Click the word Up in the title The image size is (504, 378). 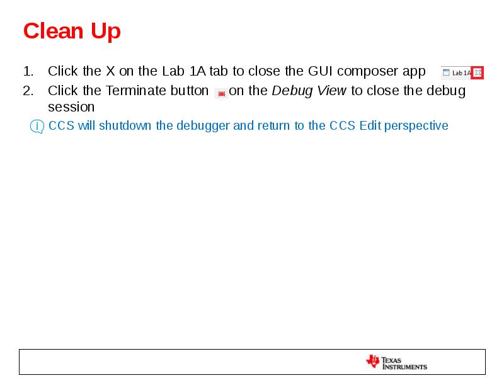pos(105,31)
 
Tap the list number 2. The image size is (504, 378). pos(28,91)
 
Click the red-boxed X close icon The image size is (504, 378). pos(478,72)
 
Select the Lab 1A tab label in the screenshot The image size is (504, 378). pos(461,72)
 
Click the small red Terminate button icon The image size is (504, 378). pos(221,93)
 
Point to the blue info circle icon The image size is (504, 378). pos(37,127)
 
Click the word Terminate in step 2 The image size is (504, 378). pos(137,91)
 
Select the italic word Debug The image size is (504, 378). pos(292,91)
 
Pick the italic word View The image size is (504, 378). pos(331,91)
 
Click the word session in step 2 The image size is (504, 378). pos(71,107)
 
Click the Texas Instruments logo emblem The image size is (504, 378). pos(372,361)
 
